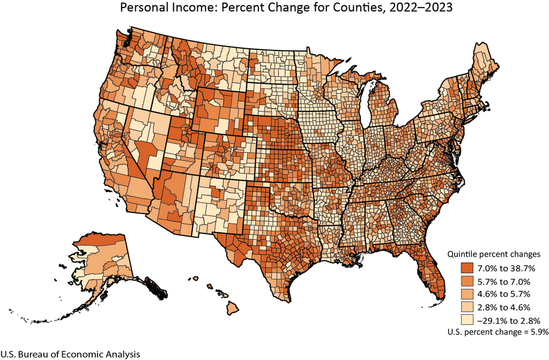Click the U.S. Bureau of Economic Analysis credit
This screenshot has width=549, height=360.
[x=70, y=354]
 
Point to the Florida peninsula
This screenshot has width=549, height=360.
[x=429, y=274]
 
